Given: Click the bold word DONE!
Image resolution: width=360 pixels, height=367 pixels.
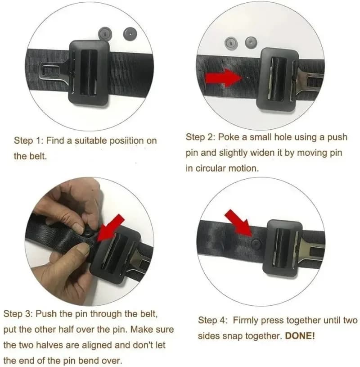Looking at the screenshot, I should pos(300,336).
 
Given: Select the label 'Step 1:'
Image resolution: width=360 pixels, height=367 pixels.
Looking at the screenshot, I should pos(29,140).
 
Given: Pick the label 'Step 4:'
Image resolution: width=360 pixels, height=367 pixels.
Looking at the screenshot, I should pos(214,321).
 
